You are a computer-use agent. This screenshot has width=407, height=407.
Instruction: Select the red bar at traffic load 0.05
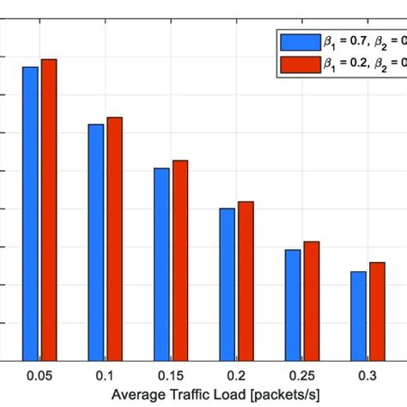tap(48, 210)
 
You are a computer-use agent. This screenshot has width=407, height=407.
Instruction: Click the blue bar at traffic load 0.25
tap(293, 305)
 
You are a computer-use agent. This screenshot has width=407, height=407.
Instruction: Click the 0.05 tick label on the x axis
tap(39, 376)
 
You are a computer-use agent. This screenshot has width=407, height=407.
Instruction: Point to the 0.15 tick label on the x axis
tap(171, 376)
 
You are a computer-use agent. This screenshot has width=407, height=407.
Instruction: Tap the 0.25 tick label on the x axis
tap(301, 376)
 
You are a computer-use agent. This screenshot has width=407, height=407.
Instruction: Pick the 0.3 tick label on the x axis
tap(368, 376)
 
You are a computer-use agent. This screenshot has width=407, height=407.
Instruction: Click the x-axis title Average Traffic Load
tap(203, 395)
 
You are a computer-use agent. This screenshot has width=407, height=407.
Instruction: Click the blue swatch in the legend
tap(297, 41)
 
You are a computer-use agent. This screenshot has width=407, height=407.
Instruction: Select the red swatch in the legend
tap(297, 64)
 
